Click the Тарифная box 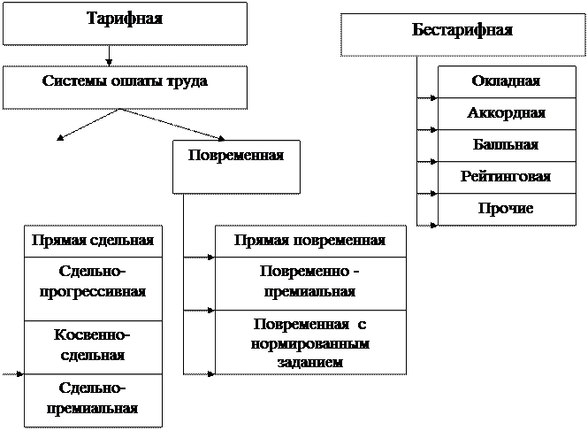[x=125, y=23]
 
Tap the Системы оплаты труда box [x=125, y=86]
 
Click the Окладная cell [x=505, y=81]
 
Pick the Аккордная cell [x=505, y=113]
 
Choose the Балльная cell [x=505, y=145]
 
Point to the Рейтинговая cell [x=505, y=177]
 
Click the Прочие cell [x=505, y=209]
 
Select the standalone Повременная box [x=236, y=165]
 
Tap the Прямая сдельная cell [x=93, y=241]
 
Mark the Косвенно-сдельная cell [x=93, y=346]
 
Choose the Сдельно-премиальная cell [x=93, y=399]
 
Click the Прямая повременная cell [x=310, y=241]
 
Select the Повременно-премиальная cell [x=310, y=282]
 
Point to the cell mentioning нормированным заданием [x=310, y=342]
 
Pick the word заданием [x=310, y=361]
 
